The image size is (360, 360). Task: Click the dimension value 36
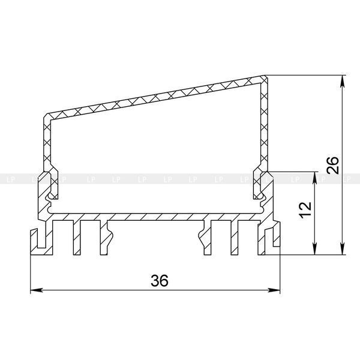160,280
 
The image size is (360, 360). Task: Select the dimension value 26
333,165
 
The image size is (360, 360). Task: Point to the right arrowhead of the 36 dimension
274,290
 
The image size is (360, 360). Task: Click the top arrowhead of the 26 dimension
343,81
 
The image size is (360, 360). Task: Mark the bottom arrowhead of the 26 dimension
343,248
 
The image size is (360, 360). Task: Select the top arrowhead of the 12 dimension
315,178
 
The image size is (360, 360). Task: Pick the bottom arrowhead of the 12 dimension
315,248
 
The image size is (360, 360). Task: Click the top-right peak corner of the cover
265,76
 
